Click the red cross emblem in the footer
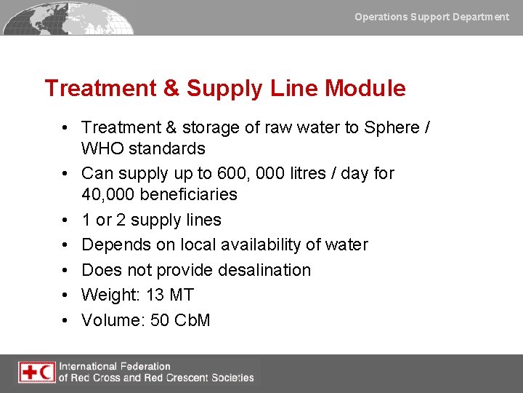coord(28,372)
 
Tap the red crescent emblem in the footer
coord(46,372)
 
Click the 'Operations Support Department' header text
coord(431,16)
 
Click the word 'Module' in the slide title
coord(365,89)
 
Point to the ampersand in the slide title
coord(171,89)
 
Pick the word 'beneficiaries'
coord(190,195)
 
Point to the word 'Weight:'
coord(111,295)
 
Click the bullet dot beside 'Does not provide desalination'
coord(65,270)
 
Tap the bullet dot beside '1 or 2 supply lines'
coord(65,220)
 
